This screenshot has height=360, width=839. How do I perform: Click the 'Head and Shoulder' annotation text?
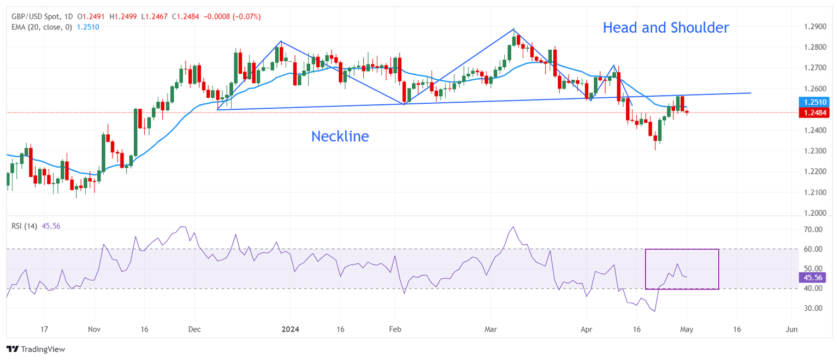[665, 28]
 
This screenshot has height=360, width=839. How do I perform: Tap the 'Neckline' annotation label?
[340, 137]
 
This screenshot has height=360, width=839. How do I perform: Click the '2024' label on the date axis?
[289, 330]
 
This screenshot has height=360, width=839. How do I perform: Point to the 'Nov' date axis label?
[94, 330]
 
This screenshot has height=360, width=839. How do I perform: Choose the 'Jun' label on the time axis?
[791, 330]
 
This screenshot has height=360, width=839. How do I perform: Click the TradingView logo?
[36, 349]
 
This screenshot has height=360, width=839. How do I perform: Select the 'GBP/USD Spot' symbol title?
[34, 17]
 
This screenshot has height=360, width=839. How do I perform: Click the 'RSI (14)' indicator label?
[25, 226]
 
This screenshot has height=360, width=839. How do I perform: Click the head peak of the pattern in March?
[514, 29]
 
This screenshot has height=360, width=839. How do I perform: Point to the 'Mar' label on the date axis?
[489, 330]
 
